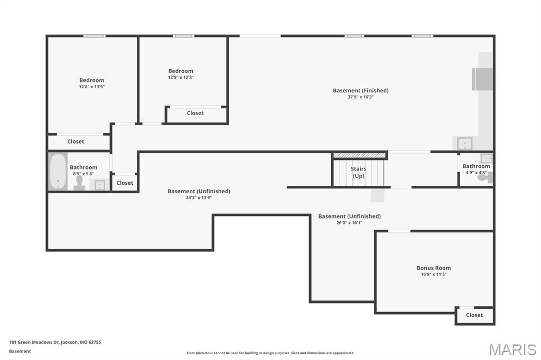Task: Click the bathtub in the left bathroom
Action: (58, 172)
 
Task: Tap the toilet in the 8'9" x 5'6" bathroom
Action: (79, 182)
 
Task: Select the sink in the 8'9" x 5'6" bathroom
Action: (99, 185)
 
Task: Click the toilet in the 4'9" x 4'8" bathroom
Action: (483, 178)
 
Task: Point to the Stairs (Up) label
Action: (359, 172)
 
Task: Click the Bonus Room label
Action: (433, 268)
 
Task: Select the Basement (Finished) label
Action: (360, 90)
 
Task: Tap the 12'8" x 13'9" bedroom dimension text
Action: (91, 87)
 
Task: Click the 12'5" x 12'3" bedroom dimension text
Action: (181, 77)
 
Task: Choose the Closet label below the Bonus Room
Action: (474, 315)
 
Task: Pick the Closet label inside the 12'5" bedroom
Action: (195, 113)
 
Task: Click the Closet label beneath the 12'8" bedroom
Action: (76, 141)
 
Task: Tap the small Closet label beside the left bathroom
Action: (125, 183)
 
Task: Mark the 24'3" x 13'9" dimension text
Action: (199, 197)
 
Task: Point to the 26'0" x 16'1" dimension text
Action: (349, 222)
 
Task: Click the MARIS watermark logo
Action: (512, 349)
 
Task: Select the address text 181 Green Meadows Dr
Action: (55, 342)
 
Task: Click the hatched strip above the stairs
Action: (360, 155)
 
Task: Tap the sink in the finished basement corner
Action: (464, 144)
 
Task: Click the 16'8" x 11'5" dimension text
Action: (433, 274)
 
